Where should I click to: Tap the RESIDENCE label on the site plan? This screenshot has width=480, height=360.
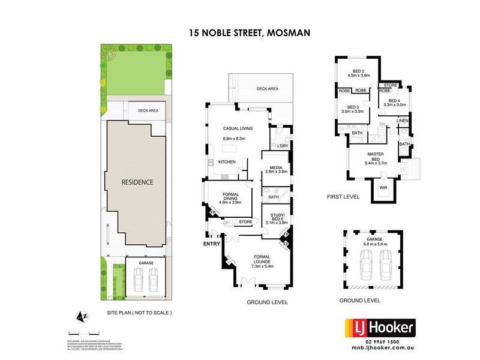(137, 182)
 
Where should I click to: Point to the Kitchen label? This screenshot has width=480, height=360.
(226, 163)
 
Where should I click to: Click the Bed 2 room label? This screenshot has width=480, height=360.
(358, 70)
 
